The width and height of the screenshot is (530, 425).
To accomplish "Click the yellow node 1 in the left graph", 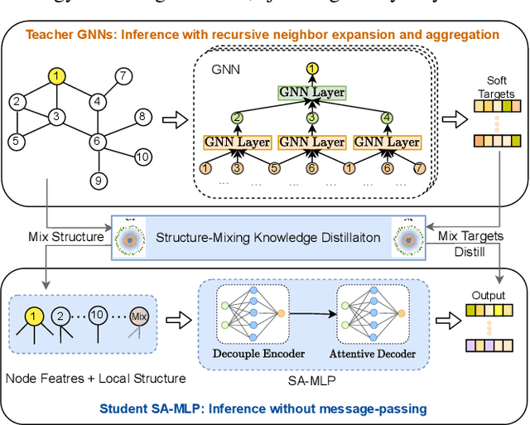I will point(55,76).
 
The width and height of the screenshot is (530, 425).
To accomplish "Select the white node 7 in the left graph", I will point(123,76).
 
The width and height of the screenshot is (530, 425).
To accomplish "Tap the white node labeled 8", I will point(142,116).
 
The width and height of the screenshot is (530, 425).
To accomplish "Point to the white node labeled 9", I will point(97,180).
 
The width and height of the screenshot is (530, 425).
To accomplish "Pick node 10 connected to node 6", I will point(142,157).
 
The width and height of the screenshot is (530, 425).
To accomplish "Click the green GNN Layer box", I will point(312,93).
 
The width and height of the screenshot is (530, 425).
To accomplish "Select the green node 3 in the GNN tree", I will point(312,118).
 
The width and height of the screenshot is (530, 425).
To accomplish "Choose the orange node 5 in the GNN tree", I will point(273,170).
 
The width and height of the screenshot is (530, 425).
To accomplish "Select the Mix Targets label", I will point(470,236).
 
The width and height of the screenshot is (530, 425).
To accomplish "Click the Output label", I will point(488,294).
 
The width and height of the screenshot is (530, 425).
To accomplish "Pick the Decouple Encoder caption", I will point(260,354).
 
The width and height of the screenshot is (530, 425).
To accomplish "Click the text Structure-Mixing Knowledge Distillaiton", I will point(268,238).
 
